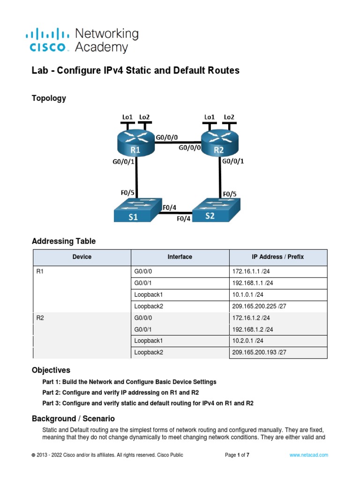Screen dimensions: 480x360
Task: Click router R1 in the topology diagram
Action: pyautogui.click(x=135, y=143)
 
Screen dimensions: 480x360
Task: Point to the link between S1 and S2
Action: pyautogui.click(x=175, y=213)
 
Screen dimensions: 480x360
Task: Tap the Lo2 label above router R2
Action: pyautogui.click(x=229, y=117)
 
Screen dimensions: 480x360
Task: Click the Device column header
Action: pyautogui.click(x=82, y=257)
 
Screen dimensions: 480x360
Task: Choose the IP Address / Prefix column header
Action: pyautogui.click(x=277, y=257)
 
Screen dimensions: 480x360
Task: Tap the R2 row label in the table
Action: pyautogui.click(x=40, y=318)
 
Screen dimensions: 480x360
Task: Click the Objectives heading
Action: pyautogui.click(x=51, y=370)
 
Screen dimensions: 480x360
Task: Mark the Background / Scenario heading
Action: pyautogui.click(x=73, y=418)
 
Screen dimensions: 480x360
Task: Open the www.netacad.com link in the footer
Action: pyautogui.click(x=308, y=455)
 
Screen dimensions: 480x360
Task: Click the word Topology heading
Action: pyautogui.click(x=49, y=98)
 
